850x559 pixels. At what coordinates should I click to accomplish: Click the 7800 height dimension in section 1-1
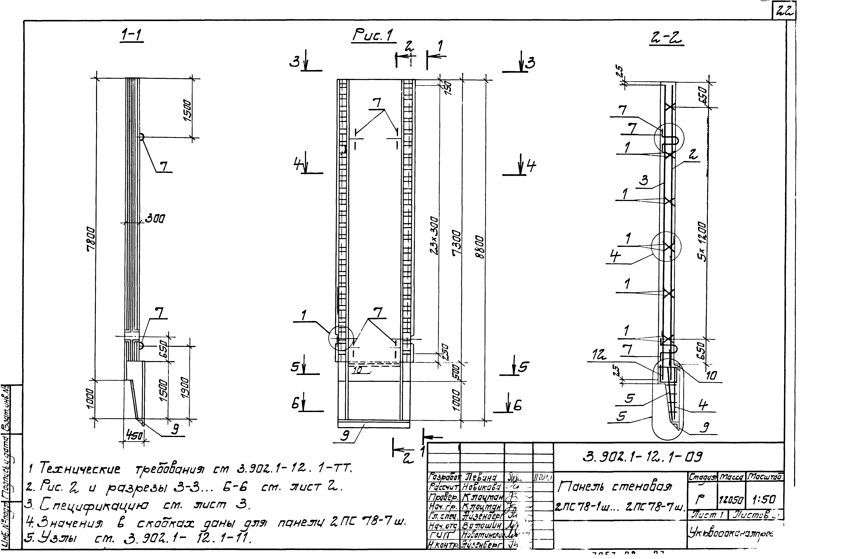pos(91,239)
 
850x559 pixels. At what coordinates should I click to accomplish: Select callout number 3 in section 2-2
pos(644,180)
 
